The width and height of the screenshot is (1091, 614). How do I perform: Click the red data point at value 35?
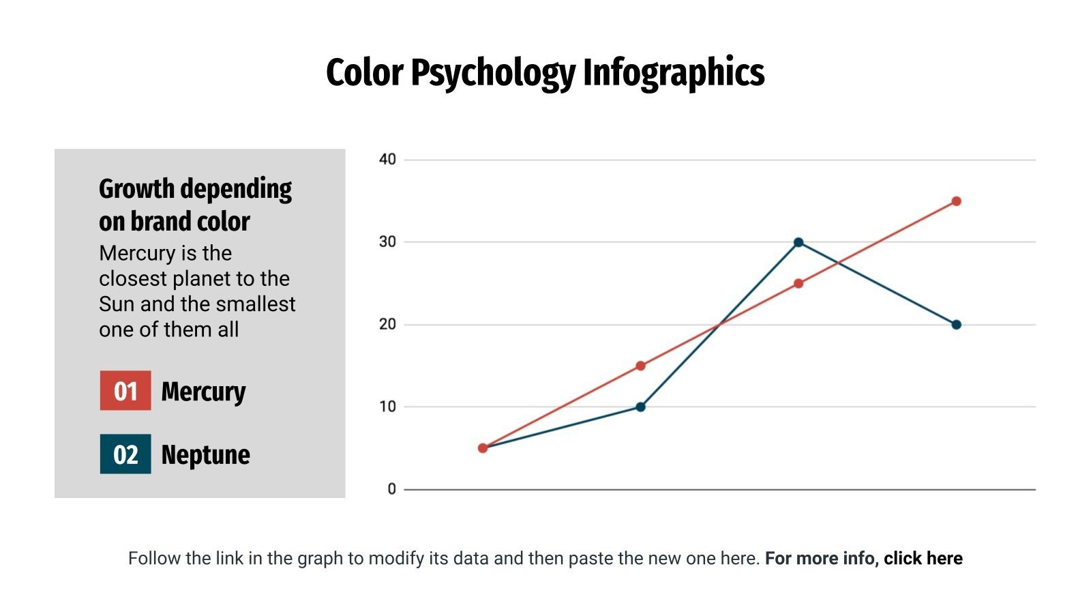(x=956, y=201)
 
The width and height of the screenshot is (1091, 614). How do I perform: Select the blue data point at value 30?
(x=798, y=242)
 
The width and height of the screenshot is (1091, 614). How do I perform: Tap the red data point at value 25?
(x=798, y=283)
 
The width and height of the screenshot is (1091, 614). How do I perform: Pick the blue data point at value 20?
(x=956, y=325)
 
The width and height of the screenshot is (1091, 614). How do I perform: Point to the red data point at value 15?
(x=640, y=366)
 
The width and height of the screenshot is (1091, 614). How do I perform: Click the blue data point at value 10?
(x=640, y=407)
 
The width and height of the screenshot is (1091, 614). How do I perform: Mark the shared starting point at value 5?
(x=483, y=448)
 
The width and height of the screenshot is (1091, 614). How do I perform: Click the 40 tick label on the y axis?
(x=387, y=160)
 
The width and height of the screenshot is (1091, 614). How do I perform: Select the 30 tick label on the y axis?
(x=387, y=242)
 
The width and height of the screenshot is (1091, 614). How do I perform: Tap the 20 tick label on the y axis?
(x=387, y=325)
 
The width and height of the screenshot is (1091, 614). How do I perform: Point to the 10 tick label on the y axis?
(x=387, y=407)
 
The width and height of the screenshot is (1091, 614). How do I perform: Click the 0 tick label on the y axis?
(x=391, y=489)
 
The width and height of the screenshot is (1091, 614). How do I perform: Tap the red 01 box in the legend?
(x=125, y=391)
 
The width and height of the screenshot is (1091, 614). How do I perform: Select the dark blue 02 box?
(x=125, y=454)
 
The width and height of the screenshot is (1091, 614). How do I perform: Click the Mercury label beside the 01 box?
(x=203, y=392)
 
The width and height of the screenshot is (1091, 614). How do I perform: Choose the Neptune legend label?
(x=205, y=455)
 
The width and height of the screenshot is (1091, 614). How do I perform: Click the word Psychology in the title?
(x=493, y=73)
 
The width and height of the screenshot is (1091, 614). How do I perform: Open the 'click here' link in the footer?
(x=923, y=558)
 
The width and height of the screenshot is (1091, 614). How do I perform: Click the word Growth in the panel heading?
(x=136, y=189)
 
